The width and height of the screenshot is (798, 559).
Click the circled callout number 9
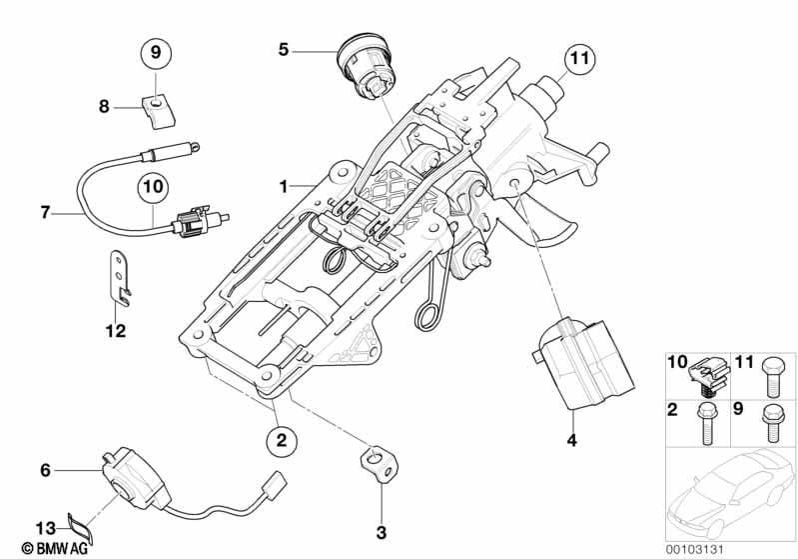tap(156, 52)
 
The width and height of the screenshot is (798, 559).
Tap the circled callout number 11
tap(579, 58)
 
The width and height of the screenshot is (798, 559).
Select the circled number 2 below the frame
tap(282, 439)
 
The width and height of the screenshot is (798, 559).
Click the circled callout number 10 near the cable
tap(153, 186)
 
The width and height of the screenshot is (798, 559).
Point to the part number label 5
tap(284, 50)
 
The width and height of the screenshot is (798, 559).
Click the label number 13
tap(45, 527)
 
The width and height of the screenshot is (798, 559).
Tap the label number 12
tap(115, 331)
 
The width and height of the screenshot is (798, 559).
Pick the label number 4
tap(572, 440)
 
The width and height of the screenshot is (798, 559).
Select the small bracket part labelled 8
tap(158, 111)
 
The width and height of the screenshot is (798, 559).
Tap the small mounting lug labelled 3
tap(380, 463)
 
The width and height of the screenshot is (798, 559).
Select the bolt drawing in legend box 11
tap(772, 377)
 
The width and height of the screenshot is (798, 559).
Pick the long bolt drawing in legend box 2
tap(706, 423)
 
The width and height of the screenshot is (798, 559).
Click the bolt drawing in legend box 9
tap(772, 422)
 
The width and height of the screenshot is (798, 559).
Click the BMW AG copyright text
tap(55, 548)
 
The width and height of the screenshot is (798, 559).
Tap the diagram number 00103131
tap(694, 549)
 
